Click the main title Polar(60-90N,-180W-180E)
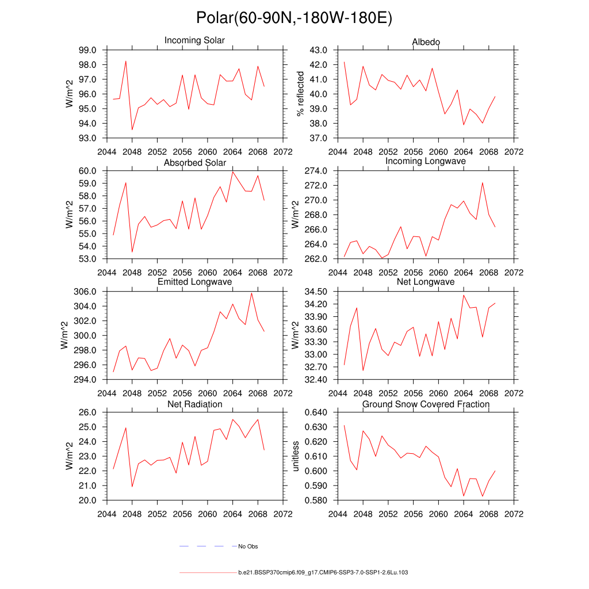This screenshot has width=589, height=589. [294, 18]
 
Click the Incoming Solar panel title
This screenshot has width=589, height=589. [194, 41]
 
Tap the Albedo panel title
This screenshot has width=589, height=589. [426, 42]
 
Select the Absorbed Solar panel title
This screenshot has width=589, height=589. [194, 163]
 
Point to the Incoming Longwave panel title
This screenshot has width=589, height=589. [426, 161]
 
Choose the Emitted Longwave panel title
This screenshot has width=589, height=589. [194, 282]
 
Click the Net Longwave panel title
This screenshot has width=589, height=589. [426, 282]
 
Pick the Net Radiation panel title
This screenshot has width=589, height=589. [194, 404]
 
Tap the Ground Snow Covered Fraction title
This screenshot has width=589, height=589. [426, 404]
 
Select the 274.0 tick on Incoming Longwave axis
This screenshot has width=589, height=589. [315, 171]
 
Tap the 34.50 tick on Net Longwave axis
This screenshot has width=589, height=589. [315, 292]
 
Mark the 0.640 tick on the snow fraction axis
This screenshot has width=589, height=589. [315, 412]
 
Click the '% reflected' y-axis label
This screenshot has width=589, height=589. [299, 94]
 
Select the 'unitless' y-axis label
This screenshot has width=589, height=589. [296, 456]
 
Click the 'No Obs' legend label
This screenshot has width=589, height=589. [248, 546]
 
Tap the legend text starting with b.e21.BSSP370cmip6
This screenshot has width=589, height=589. [323, 573]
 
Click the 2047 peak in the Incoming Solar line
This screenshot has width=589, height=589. [126, 61]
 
